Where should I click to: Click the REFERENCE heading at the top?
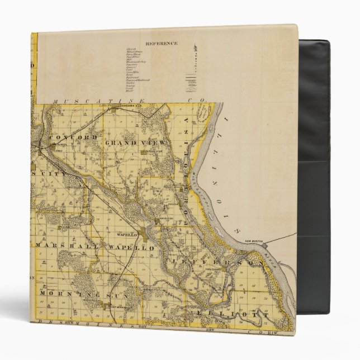point(162,43)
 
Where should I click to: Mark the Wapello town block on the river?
point(157,222)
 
